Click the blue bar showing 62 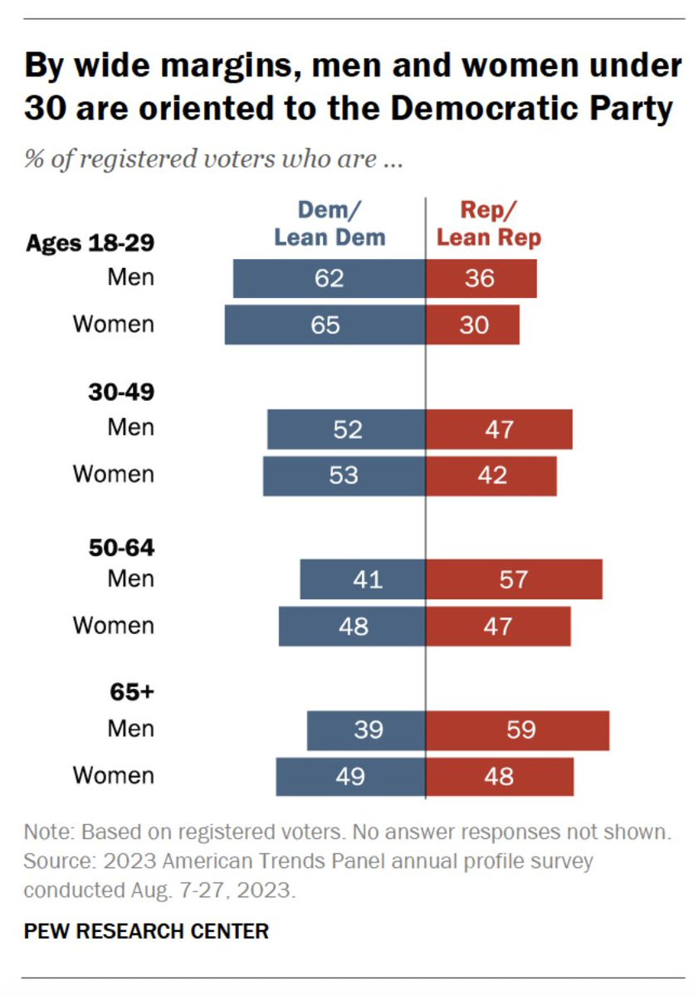pyautogui.click(x=329, y=278)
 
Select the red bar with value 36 pyautogui.click(x=481, y=278)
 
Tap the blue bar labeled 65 pyautogui.click(x=325, y=325)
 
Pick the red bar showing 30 pyautogui.click(x=472, y=325)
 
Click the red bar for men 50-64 pyautogui.click(x=514, y=579)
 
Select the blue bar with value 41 pyautogui.click(x=363, y=579)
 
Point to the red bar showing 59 pyautogui.click(x=517, y=730)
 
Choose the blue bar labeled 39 pyautogui.click(x=366, y=730)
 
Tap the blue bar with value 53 pyautogui.click(x=344, y=476)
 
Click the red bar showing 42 pyautogui.click(x=491, y=476)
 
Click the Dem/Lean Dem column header pyautogui.click(x=329, y=224)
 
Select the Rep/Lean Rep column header pyautogui.click(x=489, y=224)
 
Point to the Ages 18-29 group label pyautogui.click(x=90, y=243)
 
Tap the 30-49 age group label pyautogui.click(x=121, y=393)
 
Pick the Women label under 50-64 pyautogui.click(x=114, y=626)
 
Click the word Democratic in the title pyautogui.click(x=480, y=109)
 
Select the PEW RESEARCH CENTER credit pyautogui.click(x=146, y=931)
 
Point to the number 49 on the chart pyautogui.click(x=350, y=777)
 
